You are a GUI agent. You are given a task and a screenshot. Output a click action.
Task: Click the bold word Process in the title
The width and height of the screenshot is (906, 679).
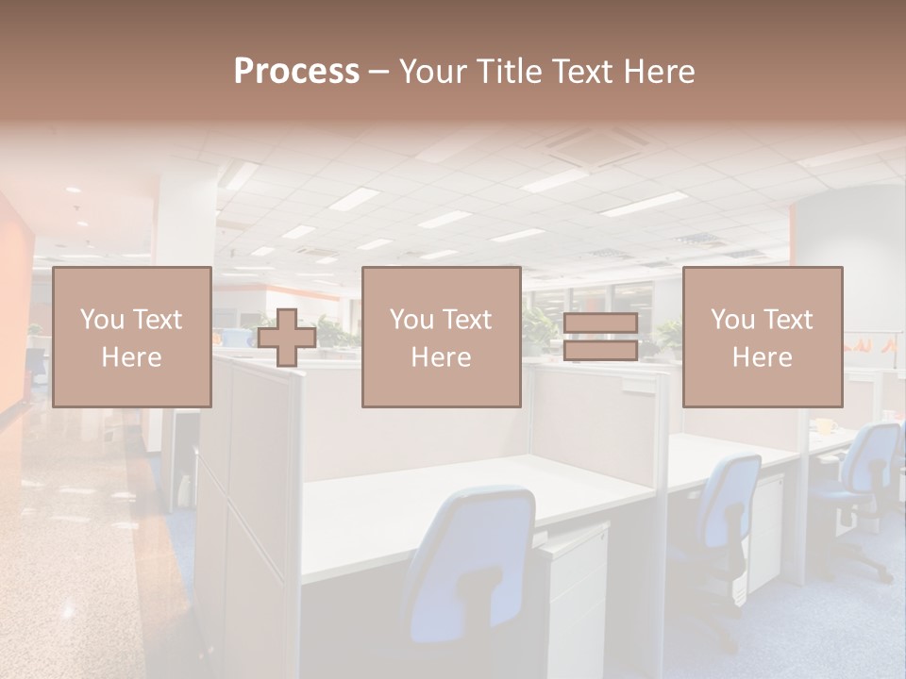tap(296, 72)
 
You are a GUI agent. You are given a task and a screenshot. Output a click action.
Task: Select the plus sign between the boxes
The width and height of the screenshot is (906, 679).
tap(287, 338)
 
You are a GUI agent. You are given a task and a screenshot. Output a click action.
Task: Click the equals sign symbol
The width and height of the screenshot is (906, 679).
tap(600, 337)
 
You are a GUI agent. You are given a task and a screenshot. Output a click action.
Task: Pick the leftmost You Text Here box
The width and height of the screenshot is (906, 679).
tap(132, 337)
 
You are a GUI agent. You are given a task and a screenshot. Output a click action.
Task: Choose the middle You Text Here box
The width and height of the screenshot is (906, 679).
tap(441, 337)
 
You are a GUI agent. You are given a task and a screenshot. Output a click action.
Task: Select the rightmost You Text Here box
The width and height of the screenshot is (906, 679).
tap(762, 337)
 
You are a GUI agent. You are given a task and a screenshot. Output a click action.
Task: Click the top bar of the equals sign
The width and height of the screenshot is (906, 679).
tap(600, 323)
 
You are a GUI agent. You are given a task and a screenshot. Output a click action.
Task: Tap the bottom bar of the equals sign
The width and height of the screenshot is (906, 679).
tap(600, 350)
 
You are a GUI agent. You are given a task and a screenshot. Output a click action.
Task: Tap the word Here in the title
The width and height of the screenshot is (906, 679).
tap(659, 72)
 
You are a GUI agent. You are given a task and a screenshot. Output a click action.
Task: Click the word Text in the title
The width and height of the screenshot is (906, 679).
tap(582, 72)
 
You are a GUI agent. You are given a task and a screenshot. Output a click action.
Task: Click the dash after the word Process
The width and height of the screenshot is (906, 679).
tap(379, 73)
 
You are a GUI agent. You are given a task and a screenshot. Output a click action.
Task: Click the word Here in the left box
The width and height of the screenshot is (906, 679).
tap(132, 357)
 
